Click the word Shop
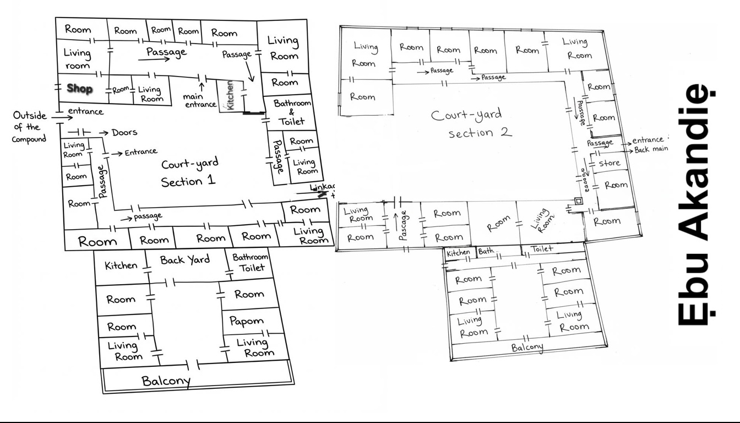pos(80,89)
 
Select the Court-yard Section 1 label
pos(189,172)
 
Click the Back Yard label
pos(185,260)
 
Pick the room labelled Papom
pos(246,321)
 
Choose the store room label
pos(609,163)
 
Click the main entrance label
pos(199,101)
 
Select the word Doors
pos(124,133)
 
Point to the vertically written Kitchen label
pos(230,95)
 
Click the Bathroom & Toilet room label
pos(292,112)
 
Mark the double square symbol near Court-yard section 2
pos(578,202)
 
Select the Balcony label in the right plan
pos(527,348)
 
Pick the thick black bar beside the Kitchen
pos(253,113)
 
